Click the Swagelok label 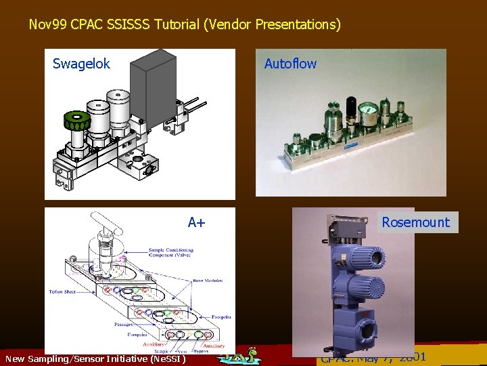click(x=81, y=64)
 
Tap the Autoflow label click(x=290, y=64)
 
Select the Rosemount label click(x=415, y=222)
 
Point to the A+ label click(x=197, y=222)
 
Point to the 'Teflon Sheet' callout click(x=66, y=292)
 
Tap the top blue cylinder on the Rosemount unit click(x=367, y=257)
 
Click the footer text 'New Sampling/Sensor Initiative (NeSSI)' click(x=95, y=358)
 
